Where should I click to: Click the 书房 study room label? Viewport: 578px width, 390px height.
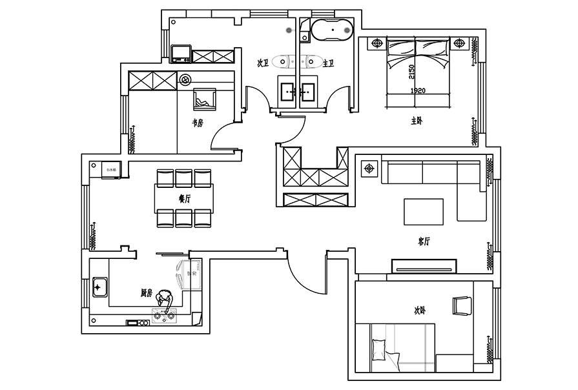click(x=197, y=123)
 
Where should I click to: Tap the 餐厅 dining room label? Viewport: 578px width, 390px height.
click(x=185, y=199)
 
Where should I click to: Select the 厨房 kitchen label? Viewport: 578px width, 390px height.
click(x=147, y=293)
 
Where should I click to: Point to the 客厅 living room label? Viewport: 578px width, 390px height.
click(x=424, y=241)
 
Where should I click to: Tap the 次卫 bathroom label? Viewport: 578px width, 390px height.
click(x=262, y=63)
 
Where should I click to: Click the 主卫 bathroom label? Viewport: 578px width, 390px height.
click(x=328, y=63)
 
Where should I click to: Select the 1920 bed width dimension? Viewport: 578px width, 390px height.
click(x=417, y=91)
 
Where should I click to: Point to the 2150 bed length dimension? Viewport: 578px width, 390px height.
click(x=411, y=70)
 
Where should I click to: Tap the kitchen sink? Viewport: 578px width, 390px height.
click(x=99, y=285)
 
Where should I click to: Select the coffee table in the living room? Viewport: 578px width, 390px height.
click(x=424, y=210)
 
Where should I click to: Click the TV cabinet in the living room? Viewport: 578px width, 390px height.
click(x=424, y=265)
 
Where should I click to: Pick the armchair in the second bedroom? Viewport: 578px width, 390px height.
click(x=462, y=305)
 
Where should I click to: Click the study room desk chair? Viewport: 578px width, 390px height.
click(x=205, y=99)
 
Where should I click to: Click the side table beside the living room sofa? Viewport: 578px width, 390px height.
click(x=369, y=169)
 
